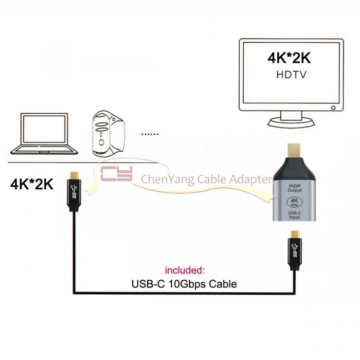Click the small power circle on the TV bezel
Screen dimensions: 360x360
tap(334, 109)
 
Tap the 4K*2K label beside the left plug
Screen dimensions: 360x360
tap(32, 184)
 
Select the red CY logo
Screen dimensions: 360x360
tap(117, 174)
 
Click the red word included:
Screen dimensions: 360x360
tap(185, 269)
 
